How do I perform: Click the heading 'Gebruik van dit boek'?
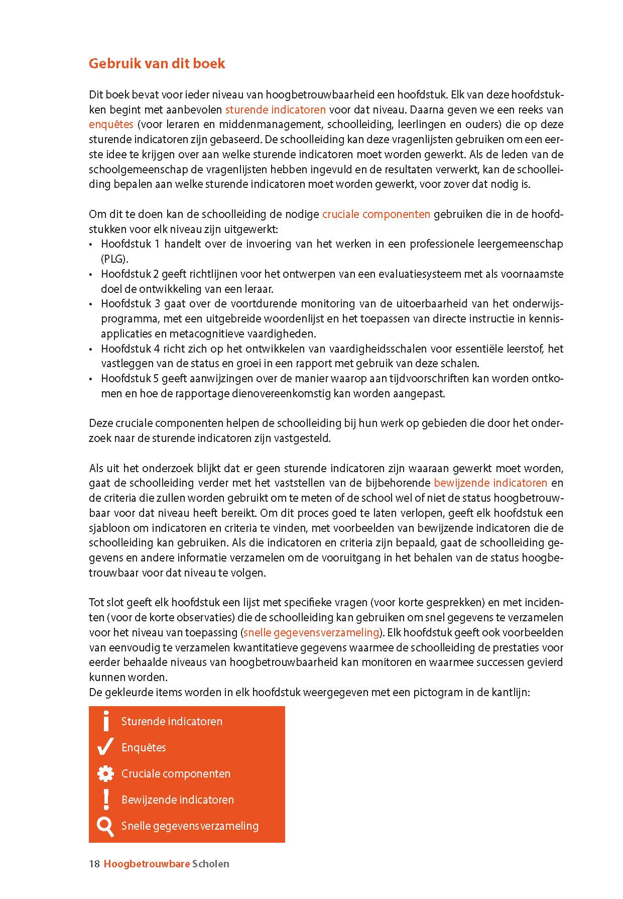click(x=157, y=64)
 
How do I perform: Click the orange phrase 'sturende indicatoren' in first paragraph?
click(x=275, y=109)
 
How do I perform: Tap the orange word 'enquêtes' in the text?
click(x=111, y=125)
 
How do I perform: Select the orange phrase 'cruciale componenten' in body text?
click(x=376, y=214)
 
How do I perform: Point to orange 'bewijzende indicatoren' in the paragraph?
click(x=490, y=483)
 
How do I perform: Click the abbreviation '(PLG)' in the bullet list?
click(x=114, y=259)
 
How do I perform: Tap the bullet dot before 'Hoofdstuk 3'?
click(x=91, y=304)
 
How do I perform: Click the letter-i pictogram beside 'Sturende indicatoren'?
click(x=105, y=721)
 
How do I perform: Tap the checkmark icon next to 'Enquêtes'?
click(x=105, y=747)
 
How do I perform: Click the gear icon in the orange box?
click(x=105, y=773)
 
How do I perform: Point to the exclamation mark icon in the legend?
click(x=105, y=799)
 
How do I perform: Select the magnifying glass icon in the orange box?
click(x=105, y=826)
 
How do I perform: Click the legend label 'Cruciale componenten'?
click(x=176, y=774)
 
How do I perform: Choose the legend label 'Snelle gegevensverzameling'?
click(x=190, y=826)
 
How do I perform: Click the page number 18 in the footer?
click(x=94, y=864)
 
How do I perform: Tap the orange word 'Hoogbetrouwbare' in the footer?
click(x=147, y=864)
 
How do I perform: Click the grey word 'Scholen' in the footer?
click(x=211, y=864)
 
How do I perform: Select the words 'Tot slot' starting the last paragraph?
click(x=104, y=603)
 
